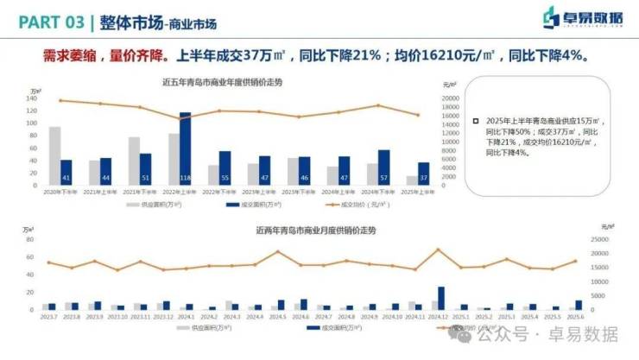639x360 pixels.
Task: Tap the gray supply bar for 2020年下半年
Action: (x=54, y=155)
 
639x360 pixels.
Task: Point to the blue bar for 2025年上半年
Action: (x=423, y=174)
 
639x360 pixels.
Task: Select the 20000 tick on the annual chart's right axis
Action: (x=450, y=98)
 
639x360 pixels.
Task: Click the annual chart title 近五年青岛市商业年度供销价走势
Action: (x=222, y=83)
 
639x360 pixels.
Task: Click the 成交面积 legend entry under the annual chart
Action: (x=250, y=205)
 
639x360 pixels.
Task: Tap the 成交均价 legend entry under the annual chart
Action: (x=349, y=205)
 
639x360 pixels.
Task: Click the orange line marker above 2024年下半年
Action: (x=378, y=105)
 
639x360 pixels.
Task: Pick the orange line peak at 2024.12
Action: (x=438, y=249)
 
